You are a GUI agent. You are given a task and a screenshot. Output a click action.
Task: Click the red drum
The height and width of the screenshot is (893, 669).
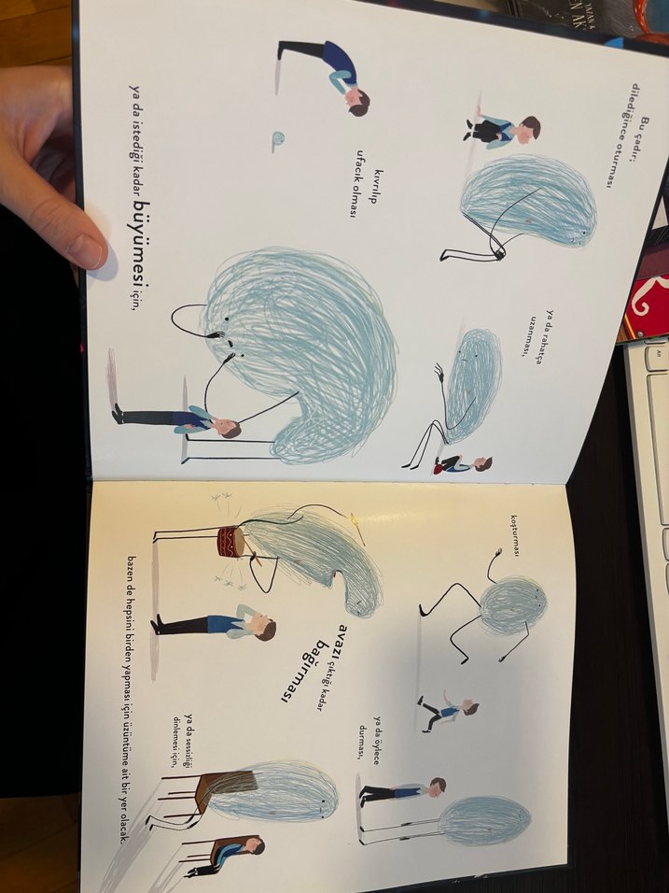point(231,542)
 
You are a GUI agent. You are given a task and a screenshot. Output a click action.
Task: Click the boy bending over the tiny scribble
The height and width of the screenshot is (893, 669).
point(325,73)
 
